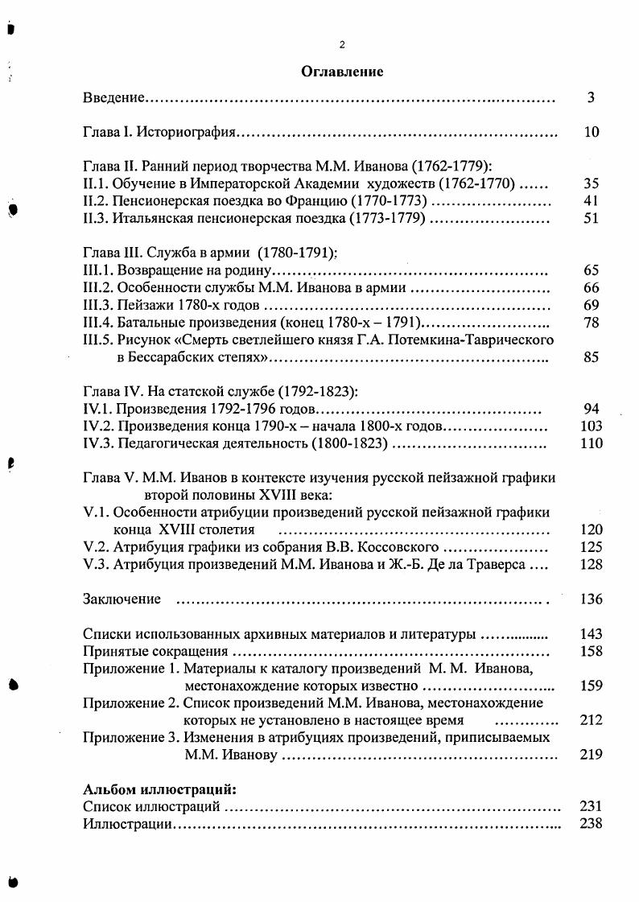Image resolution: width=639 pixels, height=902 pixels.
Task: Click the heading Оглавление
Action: [x=342, y=72]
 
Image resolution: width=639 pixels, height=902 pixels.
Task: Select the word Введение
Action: [x=113, y=98]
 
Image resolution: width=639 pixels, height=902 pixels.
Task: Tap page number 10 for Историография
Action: [x=592, y=133]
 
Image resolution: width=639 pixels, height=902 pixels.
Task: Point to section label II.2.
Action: [x=97, y=200]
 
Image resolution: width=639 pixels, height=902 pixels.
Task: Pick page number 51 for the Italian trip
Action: [x=592, y=218]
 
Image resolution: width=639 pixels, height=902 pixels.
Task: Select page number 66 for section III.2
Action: [x=592, y=287]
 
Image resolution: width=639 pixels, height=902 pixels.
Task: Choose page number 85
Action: [x=592, y=357]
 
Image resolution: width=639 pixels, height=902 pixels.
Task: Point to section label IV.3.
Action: [x=97, y=443]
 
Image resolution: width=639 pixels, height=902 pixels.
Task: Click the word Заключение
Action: [x=122, y=599]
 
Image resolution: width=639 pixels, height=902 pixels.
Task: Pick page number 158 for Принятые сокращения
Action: [x=592, y=651]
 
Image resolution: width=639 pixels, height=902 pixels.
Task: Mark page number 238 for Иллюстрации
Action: [x=592, y=823]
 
